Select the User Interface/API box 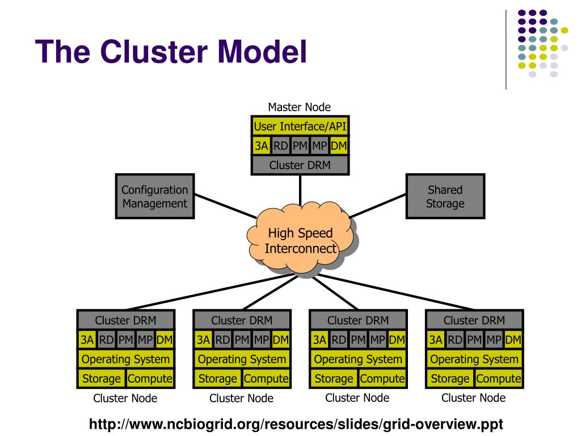[x=300, y=126]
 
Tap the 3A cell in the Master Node [x=261, y=145]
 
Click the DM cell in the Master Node [x=339, y=145]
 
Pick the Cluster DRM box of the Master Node [x=300, y=165]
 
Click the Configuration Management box [x=155, y=196]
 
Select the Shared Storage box [x=445, y=196]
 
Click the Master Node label [x=300, y=107]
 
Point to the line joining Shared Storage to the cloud [x=377, y=206]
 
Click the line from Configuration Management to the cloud [x=226, y=206]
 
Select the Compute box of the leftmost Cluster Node [x=150, y=379]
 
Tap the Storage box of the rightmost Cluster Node [x=450, y=379]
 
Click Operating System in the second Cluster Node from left [x=242, y=359]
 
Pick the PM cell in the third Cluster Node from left [x=358, y=339]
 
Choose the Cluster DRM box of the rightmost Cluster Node [x=474, y=320]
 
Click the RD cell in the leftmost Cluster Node [x=106, y=339]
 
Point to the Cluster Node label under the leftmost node [x=125, y=398]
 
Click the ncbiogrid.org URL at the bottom [x=296, y=424]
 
